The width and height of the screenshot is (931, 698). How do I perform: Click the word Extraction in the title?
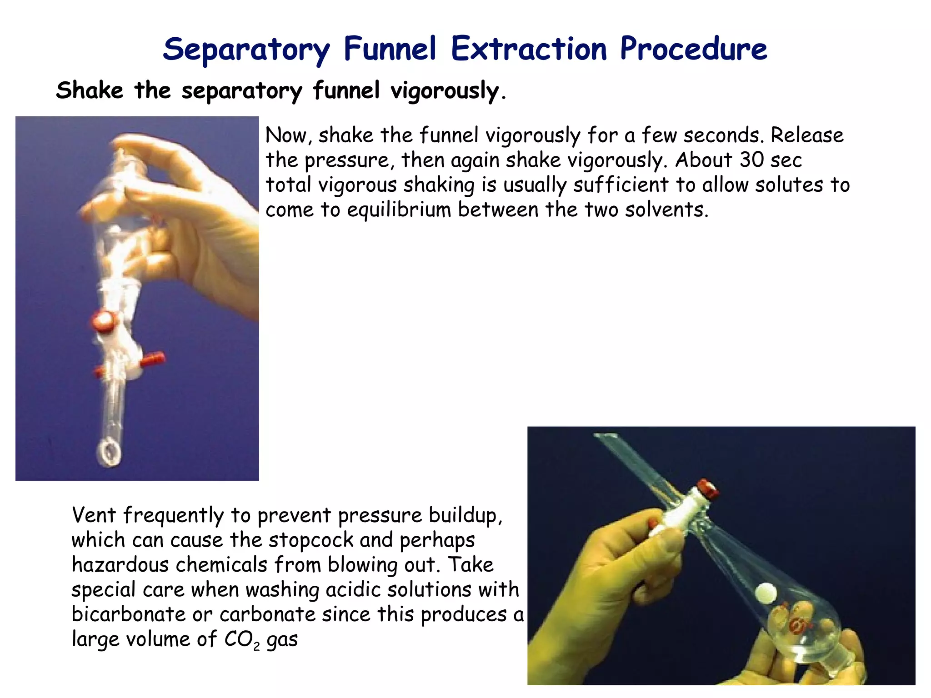pyautogui.click(x=529, y=49)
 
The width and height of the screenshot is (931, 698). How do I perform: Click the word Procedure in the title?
pyautogui.click(x=693, y=49)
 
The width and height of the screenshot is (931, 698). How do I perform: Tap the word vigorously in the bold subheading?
pyautogui.click(x=445, y=90)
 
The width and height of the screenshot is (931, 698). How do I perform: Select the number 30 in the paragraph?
pyautogui.click(x=751, y=160)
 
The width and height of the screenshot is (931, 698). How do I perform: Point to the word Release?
pyautogui.click(x=807, y=135)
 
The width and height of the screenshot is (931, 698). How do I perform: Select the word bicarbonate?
pyautogui.click(x=128, y=614)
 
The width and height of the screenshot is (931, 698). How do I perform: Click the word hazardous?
pyautogui.click(x=120, y=565)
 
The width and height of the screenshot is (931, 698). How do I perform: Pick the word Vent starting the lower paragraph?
pyautogui.click(x=94, y=515)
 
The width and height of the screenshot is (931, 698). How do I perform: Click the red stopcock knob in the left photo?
pyautogui.click(x=104, y=320)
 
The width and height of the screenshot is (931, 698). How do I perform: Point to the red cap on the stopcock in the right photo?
pyautogui.click(x=707, y=489)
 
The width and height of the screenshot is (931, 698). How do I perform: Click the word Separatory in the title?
pyautogui.click(x=246, y=49)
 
